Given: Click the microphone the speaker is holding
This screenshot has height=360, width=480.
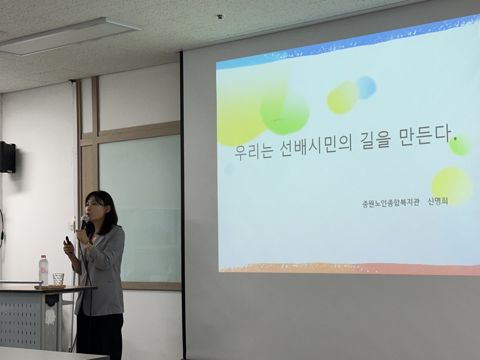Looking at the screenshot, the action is tap(84, 222).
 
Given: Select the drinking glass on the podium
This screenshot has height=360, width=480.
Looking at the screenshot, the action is tap(58, 280).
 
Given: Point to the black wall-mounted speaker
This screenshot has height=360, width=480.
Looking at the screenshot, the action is tap(8, 157).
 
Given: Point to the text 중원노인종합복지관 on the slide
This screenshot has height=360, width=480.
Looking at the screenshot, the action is tap(391, 203).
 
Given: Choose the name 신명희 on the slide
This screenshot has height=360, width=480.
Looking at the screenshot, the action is tap(438, 201).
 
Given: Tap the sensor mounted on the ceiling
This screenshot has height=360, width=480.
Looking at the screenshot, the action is tap(220, 16).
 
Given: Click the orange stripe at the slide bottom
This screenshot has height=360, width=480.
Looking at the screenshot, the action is tap(349, 268).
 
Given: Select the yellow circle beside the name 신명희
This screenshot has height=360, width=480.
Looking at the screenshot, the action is tap(452, 186).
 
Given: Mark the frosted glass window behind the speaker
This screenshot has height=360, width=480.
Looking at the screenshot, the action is tap(140, 208).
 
